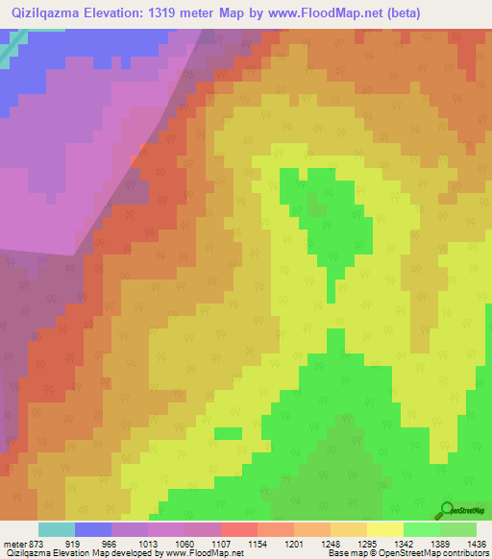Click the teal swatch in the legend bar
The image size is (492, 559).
[57, 529]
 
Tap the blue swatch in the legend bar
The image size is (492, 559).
[93, 529]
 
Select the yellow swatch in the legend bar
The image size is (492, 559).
[384, 529]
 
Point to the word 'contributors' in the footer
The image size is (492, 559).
[465, 554]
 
